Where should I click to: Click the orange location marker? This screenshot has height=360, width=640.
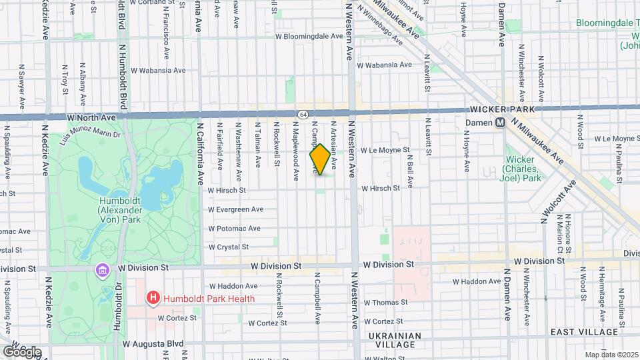[x=320, y=160]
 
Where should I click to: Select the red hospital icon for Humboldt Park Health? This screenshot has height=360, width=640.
[x=153, y=298]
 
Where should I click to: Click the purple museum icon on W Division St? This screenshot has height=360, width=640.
[x=102, y=269]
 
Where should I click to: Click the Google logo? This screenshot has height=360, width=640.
[x=21, y=352]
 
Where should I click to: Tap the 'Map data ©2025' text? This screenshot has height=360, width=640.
[x=611, y=355]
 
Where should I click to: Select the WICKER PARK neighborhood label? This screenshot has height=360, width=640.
[x=499, y=108]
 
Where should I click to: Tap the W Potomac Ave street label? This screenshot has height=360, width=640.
[x=233, y=228]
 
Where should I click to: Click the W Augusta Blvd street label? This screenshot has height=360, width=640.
[x=153, y=343]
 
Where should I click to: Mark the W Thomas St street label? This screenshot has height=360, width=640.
[x=385, y=302]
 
